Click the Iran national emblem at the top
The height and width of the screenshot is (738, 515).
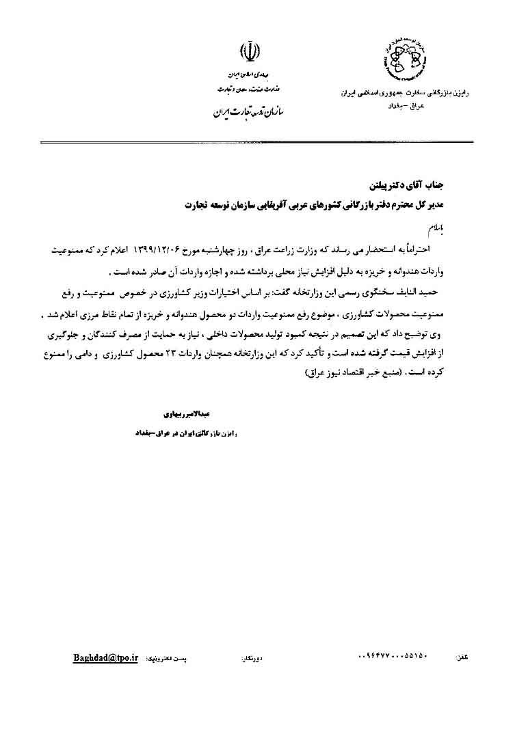tap(249, 53)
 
